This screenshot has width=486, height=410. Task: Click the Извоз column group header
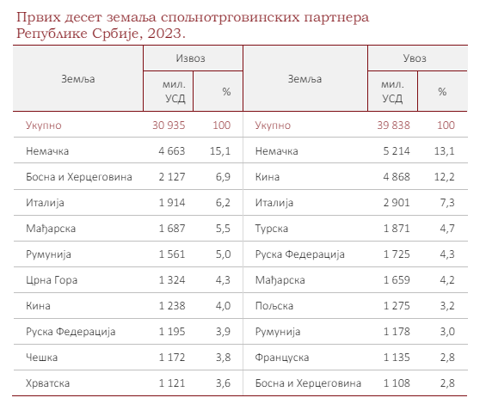(x=191, y=58)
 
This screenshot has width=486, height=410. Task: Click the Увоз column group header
(x=415, y=58)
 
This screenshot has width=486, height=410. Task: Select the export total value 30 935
(x=169, y=125)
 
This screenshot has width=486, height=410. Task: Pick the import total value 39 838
(x=393, y=125)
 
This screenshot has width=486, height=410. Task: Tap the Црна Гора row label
(x=52, y=280)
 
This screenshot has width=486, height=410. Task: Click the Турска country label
(x=272, y=229)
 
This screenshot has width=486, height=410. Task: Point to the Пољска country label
(x=274, y=306)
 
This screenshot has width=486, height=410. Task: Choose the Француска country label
(x=282, y=358)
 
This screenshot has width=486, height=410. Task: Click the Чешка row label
(x=42, y=358)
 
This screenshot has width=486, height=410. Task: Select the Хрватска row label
(x=47, y=383)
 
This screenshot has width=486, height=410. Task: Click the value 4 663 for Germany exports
(x=172, y=151)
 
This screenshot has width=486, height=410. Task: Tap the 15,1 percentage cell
(x=220, y=151)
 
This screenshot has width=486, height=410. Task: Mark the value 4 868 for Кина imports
(x=397, y=177)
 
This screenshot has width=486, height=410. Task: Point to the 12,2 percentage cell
(x=445, y=177)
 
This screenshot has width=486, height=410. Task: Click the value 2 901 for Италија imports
(x=397, y=203)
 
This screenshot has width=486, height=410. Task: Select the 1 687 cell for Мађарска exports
(x=172, y=229)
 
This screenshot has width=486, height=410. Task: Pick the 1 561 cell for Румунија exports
(x=172, y=254)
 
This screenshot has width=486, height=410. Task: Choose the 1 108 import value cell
(x=397, y=383)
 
